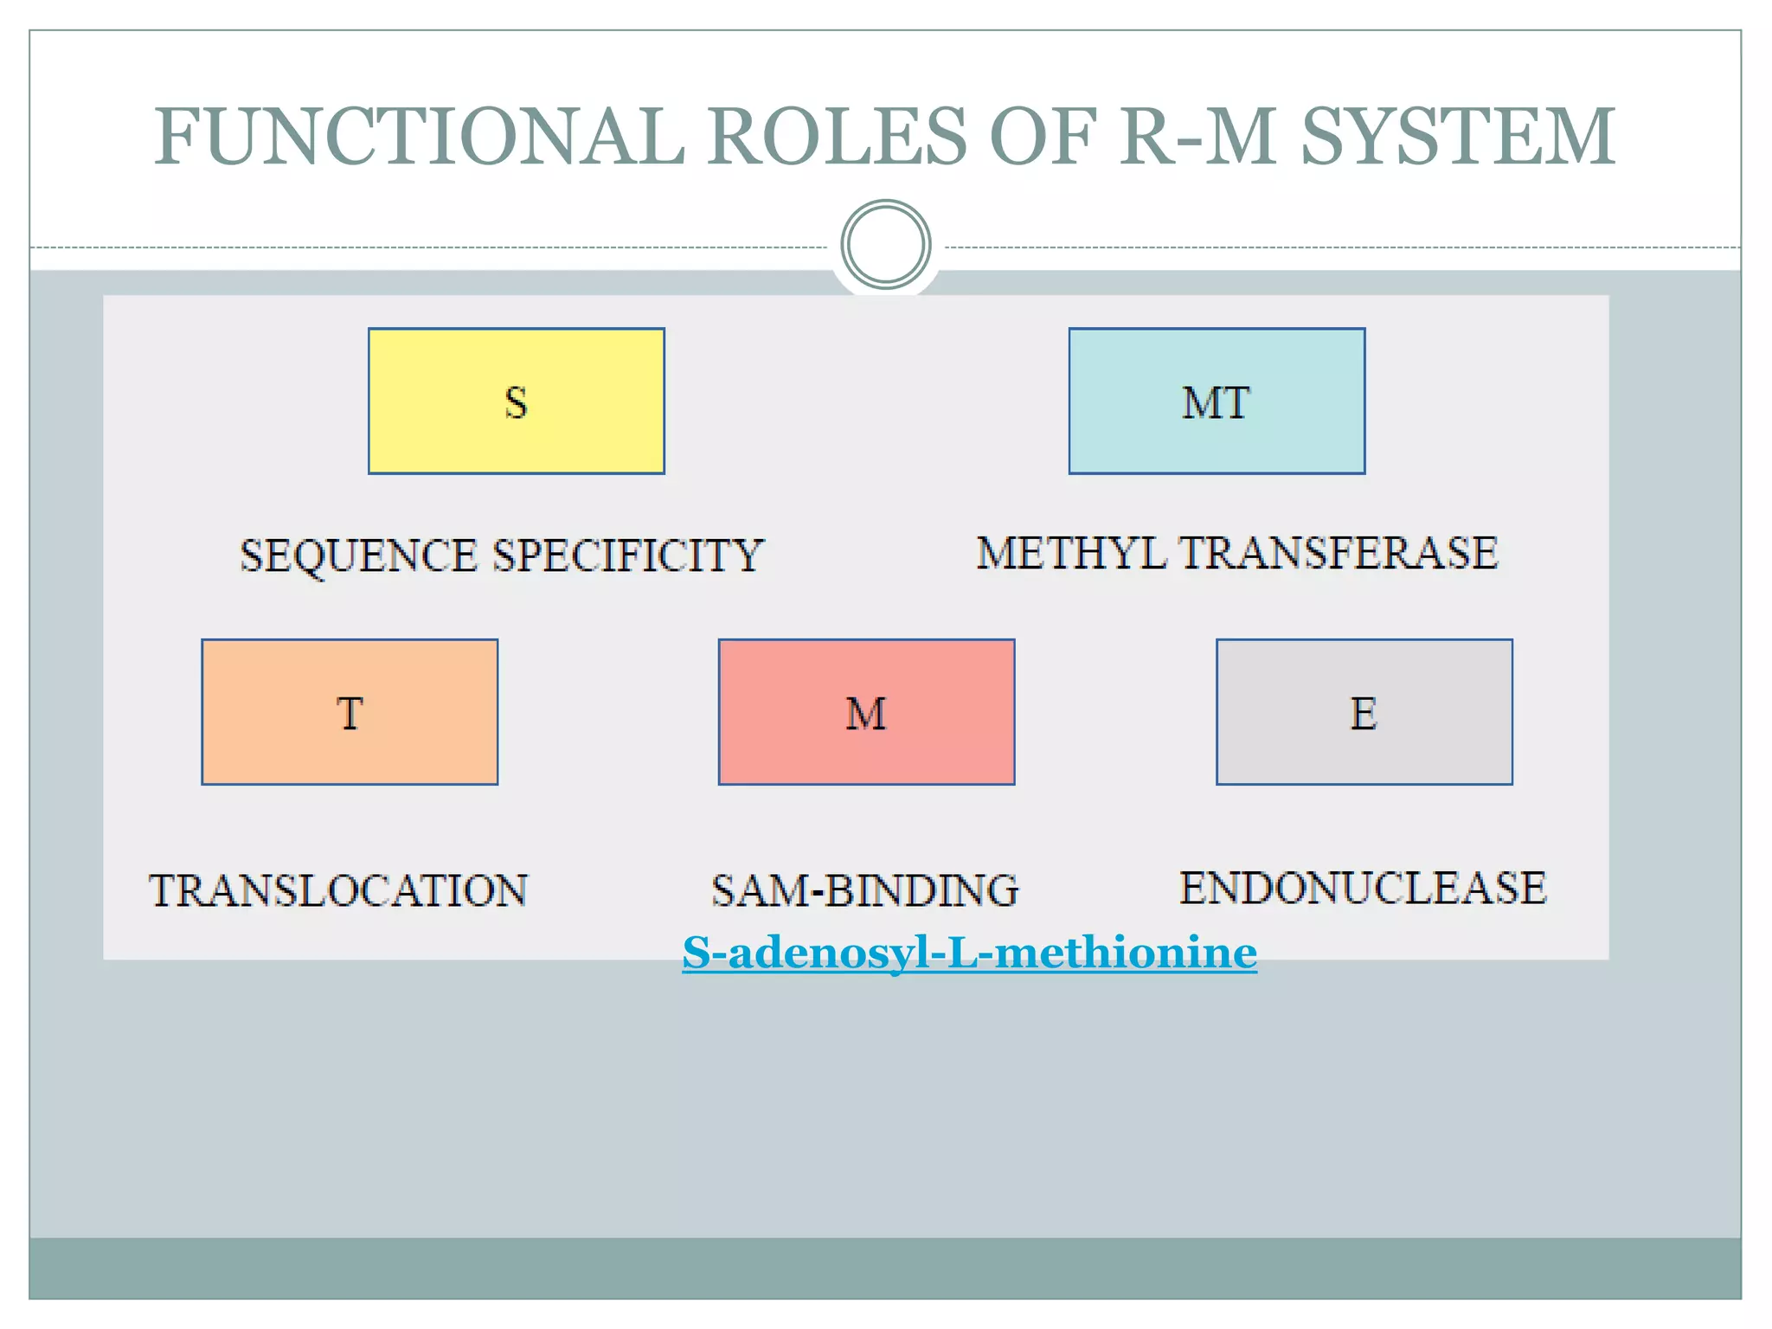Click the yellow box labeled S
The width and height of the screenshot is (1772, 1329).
pos(517,401)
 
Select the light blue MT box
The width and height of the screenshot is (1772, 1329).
pos(1217,401)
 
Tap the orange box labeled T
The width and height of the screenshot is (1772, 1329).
pos(350,712)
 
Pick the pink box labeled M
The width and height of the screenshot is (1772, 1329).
pos(866,712)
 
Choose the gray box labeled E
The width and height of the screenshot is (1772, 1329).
pos(1364,712)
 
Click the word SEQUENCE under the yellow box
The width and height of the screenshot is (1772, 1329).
pos(358,555)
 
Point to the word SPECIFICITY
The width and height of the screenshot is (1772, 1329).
pos(628,555)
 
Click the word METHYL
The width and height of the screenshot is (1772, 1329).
pos(1071,553)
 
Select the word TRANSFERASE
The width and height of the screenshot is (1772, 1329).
pos(1339,553)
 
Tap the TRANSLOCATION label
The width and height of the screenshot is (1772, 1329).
pos(338,890)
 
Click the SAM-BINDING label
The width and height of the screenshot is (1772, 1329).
pos(865,890)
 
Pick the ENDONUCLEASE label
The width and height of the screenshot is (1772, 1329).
pos(1363,888)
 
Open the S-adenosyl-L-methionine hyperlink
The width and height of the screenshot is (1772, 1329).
pos(969,953)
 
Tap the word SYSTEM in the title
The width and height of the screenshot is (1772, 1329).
pos(1458,136)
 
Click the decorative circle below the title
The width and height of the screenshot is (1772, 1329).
pos(885,245)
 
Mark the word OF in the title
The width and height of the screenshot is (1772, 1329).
pos(1043,136)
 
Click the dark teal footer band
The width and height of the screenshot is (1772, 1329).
pos(885,1268)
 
